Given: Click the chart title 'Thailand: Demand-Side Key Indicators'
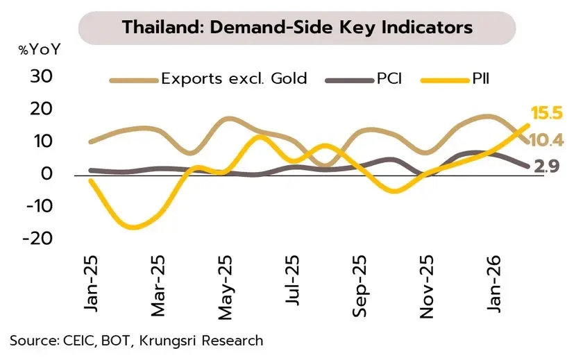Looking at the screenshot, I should coord(297,27).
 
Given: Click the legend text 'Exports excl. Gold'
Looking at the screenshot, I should coord(234,78).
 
